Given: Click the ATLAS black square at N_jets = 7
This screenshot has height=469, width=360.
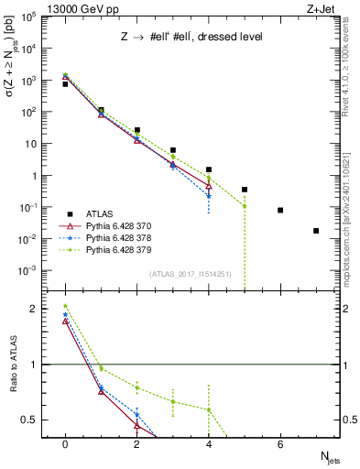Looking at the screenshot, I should [x=316, y=231].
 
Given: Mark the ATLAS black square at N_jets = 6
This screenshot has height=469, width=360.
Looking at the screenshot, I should [x=280, y=210].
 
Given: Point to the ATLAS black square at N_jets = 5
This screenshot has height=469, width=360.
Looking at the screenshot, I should [x=245, y=190].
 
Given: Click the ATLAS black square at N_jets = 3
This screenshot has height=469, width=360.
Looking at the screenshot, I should [x=173, y=149].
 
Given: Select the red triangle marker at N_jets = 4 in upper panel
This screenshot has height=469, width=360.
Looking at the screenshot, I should [x=209, y=186].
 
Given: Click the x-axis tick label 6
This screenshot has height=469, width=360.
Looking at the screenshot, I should [x=280, y=444].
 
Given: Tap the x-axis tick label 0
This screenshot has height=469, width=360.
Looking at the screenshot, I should [x=65, y=444].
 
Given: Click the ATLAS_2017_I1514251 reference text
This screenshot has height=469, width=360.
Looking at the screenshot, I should [x=190, y=274].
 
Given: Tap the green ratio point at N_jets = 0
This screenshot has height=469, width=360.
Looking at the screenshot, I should [x=65, y=306].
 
